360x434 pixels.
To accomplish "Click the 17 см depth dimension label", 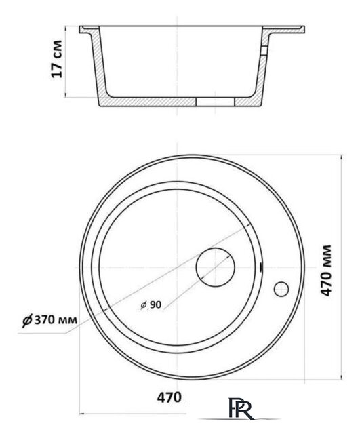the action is [57, 59].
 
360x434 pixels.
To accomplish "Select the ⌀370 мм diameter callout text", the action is [49, 320].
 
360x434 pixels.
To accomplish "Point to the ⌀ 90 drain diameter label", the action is [151, 304].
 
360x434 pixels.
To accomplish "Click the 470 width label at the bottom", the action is [169, 398].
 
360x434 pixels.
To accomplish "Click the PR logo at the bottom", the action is [240, 408].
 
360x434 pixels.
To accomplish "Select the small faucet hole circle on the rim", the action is [281, 289].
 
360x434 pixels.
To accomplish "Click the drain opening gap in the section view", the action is [215, 102].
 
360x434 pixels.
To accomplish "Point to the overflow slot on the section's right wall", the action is [264, 51].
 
